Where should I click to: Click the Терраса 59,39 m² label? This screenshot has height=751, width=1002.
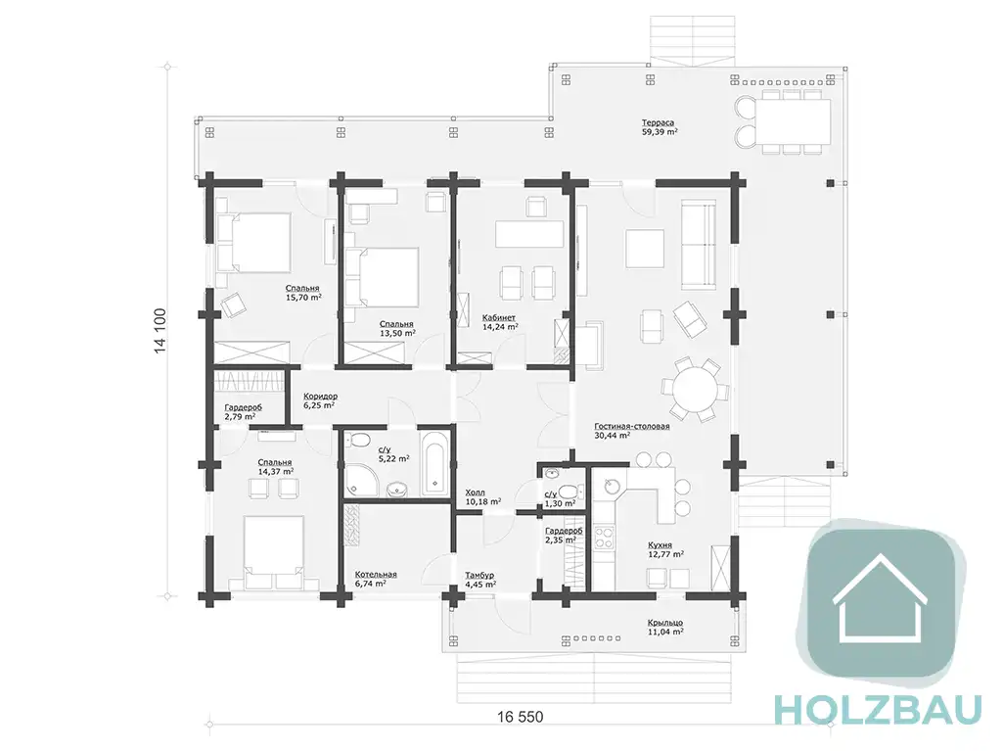click(659, 127)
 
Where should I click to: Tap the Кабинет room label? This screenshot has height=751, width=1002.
click(499, 317)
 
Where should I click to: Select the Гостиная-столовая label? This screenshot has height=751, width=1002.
click(631, 426)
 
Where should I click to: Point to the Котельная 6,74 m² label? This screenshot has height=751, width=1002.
click(376, 579)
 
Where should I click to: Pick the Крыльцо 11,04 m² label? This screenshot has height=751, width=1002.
click(665, 627)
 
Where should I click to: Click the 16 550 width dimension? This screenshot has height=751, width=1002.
click(521, 717)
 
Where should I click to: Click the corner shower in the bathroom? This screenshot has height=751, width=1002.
click(357, 479)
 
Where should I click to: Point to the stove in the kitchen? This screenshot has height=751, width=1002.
click(604, 537)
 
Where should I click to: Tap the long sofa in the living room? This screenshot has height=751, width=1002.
click(698, 245)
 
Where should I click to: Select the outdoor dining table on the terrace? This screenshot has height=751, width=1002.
click(793, 121)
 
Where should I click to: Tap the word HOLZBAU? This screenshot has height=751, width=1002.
click(878, 710)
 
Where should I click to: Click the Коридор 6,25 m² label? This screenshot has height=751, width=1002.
click(320, 400)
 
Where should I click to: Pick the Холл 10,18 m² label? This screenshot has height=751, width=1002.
click(482, 497)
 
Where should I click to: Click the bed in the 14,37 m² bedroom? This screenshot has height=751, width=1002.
click(274, 552)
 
